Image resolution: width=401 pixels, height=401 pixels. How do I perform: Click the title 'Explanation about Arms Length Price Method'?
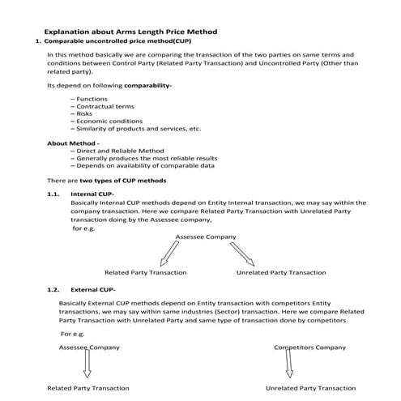pos(141,31)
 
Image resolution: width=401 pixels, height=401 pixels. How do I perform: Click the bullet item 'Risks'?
pos(86,114)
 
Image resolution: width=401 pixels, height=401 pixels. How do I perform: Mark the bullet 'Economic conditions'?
pos(107,122)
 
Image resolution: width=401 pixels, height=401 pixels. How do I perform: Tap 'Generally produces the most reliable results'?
pos(147,158)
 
